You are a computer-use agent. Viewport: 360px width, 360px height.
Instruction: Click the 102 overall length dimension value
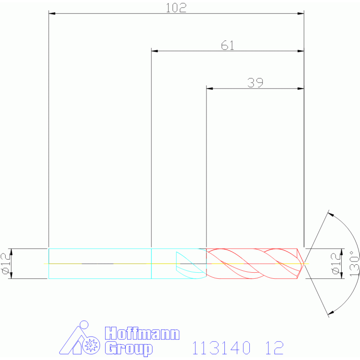pyautogui.click(x=176, y=8)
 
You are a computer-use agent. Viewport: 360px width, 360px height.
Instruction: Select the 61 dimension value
pyautogui.click(x=228, y=45)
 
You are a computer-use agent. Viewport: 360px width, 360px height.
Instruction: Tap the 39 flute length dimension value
pyautogui.click(x=255, y=83)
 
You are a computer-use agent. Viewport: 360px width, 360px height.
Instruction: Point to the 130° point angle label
pyautogui.click(x=354, y=263)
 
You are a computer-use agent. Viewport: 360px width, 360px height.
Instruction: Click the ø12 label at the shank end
pyautogui.click(x=6, y=263)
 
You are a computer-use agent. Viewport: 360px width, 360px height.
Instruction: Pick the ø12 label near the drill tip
pyautogui.click(x=336, y=263)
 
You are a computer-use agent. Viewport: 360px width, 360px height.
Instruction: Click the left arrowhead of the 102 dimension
pyautogui.click(x=52, y=14)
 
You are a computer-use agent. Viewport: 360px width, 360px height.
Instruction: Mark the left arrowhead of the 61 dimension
pyautogui.click(x=154, y=51)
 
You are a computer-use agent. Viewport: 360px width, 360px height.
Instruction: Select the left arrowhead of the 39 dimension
pyautogui.click(x=210, y=88)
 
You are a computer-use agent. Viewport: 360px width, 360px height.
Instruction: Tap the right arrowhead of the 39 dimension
pyautogui.click(x=301, y=88)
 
